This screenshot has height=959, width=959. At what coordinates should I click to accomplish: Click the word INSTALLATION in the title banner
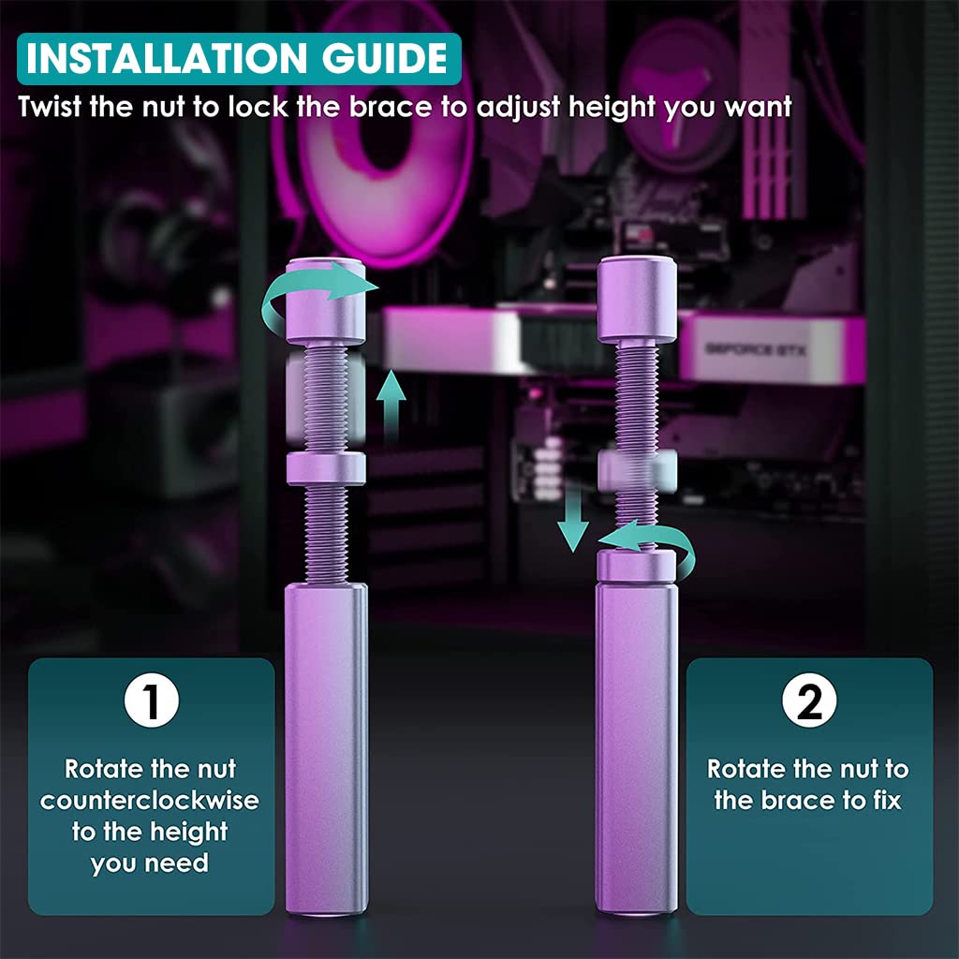pyautogui.click(x=167, y=59)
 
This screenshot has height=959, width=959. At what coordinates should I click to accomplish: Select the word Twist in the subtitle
pyautogui.click(x=50, y=107)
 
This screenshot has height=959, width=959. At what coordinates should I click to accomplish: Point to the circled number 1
pyautogui.click(x=152, y=701)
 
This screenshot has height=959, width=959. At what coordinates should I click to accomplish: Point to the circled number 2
pyautogui.click(x=809, y=701)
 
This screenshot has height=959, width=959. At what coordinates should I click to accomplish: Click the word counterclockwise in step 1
pyautogui.click(x=150, y=801)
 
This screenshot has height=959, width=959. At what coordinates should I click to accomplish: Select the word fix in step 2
pyautogui.click(x=887, y=800)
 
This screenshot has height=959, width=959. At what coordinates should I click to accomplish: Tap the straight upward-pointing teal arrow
pyautogui.click(x=391, y=406)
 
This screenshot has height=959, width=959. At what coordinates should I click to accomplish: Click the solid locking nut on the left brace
pyautogui.click(x=326, y=468)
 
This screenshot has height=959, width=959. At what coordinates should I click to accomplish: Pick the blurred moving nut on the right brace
pyautogui.click(x=638, y=471)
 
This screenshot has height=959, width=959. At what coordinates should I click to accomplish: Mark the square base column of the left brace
pyautogui.click(x=326, y=750)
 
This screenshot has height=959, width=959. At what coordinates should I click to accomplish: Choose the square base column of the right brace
pyautogui.click(x=637, y=750)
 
